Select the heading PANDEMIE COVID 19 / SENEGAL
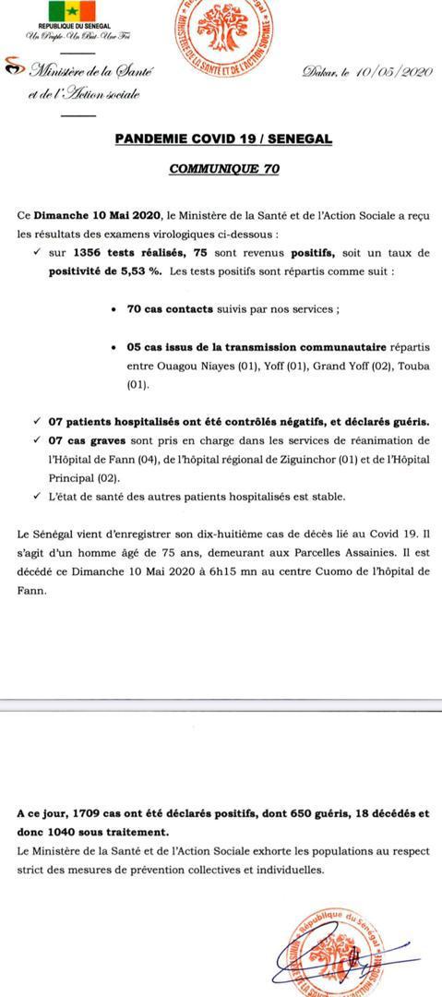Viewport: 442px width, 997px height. point(223,138)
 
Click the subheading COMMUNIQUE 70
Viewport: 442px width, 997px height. point(223,170)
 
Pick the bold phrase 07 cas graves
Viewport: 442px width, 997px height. point(89,439)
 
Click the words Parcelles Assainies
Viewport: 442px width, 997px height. point(252,552)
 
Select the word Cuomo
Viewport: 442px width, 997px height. point(317,571)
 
